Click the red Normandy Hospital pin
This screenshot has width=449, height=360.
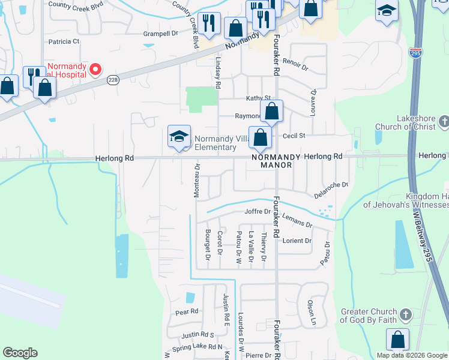click(x=95, y=70)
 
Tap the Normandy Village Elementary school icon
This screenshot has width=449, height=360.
click(x=179, y=137)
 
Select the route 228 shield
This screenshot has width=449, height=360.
click(x=112, y=80)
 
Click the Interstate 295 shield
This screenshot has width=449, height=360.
click(x=415, y=53)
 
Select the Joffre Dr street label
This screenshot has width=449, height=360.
click(x=258, y=212)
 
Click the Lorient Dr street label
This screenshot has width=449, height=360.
click(x=297, y=241)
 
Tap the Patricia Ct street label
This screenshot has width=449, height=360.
click(x=64, y=41)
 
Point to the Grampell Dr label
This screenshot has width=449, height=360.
click(x=161, y=34)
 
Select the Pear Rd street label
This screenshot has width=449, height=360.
click(x=186, y=312)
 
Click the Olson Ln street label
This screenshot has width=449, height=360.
click(x=311, y=313)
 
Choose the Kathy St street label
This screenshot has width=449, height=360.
click(x=259, y=98)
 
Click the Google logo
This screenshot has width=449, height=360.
click(x=20, y=353)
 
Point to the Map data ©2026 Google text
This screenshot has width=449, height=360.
click(x=411, y=355)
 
